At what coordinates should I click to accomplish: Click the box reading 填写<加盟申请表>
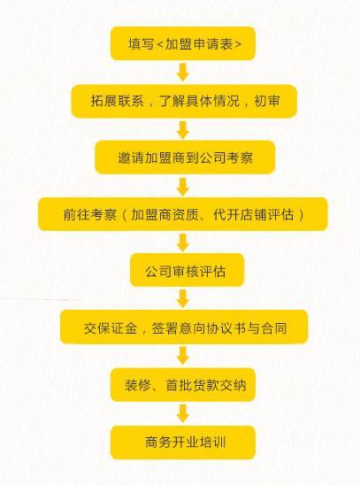183,43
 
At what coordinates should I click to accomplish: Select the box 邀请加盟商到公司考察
185,158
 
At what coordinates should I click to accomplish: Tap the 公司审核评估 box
187,270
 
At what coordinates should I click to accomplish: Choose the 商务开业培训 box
183,443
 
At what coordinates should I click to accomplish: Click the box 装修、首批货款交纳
183,385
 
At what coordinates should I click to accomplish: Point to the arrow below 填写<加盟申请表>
183,72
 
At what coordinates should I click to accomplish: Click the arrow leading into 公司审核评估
183,242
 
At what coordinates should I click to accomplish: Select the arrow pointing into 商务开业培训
183,414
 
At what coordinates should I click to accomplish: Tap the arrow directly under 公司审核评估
183,298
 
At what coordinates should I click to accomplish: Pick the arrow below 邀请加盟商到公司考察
183,187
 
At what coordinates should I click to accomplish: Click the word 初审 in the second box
267,101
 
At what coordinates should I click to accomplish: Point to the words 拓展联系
118,101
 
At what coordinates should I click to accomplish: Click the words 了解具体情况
200,101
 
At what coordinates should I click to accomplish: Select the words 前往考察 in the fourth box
90,214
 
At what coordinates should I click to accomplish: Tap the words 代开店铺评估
253,214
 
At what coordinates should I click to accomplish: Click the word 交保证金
111,328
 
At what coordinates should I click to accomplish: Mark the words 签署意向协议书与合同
219,328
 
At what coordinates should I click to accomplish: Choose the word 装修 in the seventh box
138,385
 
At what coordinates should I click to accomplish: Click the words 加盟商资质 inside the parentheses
165,214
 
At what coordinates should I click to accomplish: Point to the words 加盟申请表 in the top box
199,44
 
